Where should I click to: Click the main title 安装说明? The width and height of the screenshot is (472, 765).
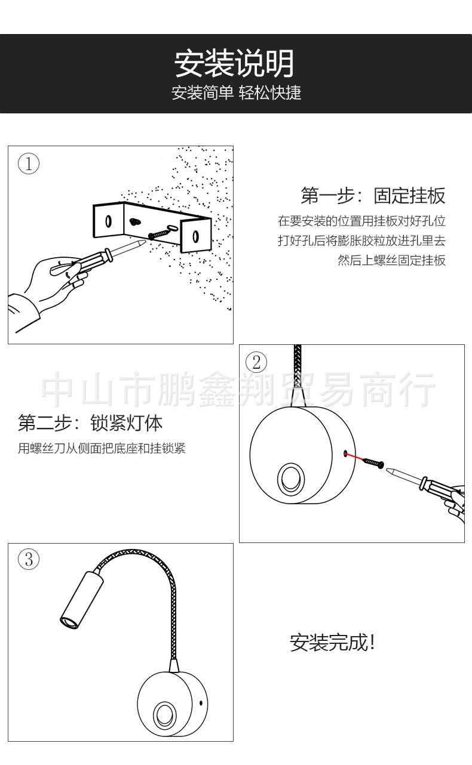click(x=234, y=64)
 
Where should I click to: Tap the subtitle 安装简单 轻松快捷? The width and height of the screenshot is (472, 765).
click(x=236, y=93)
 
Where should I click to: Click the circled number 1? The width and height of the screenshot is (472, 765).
click(x=29, y=164)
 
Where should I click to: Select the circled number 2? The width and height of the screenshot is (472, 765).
click(x=257, y=362)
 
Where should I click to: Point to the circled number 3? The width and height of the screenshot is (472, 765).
click(x=29, y=560)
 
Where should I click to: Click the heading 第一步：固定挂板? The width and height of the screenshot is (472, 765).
click(x=373, y=195)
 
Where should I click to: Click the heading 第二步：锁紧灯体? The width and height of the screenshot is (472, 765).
click(x=90, y=423)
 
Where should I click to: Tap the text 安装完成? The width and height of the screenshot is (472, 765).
click(x=332, y=643)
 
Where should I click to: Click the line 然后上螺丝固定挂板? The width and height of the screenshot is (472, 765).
click(x=391, y=260)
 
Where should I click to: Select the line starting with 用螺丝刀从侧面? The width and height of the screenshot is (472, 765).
click(x=102, y=448)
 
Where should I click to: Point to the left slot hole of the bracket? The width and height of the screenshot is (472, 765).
click(x=108, y=221)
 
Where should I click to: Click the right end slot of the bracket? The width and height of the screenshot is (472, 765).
click(x=195, y=236)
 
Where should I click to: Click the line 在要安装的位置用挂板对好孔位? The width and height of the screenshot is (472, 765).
click(x=361, y=221)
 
